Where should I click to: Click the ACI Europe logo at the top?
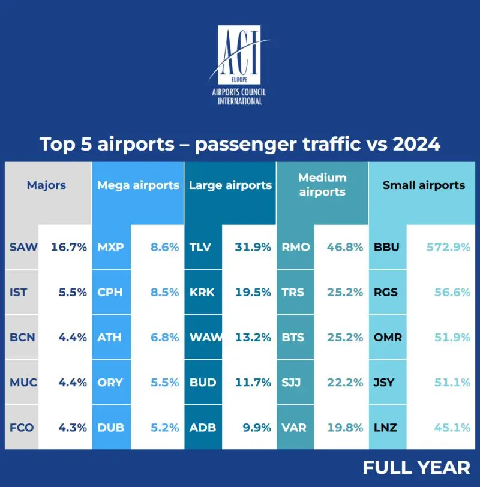coord(240,64)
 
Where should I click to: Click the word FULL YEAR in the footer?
coord(416,467)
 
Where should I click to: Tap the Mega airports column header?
coord(138,185)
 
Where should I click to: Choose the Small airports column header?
coord(424,185)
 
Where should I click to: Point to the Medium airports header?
coord(322,185)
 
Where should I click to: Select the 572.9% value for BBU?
coord(448,247)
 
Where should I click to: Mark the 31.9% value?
coord(252,247)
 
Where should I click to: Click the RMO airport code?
coord(296,247)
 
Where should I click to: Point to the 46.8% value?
coord(344,247)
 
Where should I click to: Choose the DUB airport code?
coord(110,428)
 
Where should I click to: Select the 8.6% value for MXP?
coord(163,247)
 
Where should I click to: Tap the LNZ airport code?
coord(385,428)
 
